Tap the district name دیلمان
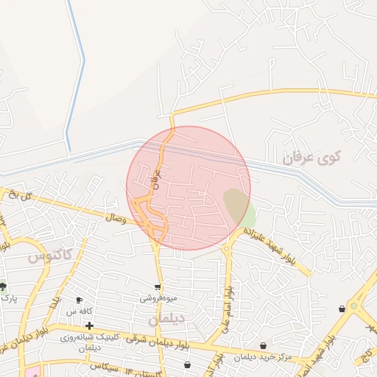[163, 320]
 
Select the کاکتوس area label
[51, 257]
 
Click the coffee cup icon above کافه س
[80, 300]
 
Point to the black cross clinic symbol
[89, 325]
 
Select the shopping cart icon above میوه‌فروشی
[157, 287]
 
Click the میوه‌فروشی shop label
[157, 299]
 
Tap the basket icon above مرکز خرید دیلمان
[264, 346]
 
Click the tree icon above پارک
[3, 286]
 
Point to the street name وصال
[116, 218]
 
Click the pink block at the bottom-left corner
[31, 371]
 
